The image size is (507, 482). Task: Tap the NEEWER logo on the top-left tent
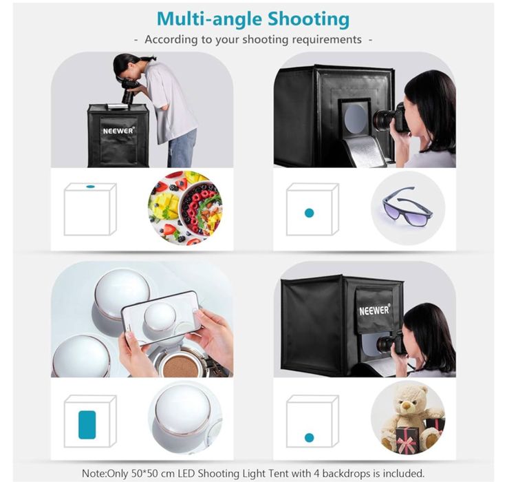(118, 130)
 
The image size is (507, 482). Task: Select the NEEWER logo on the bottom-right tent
(374, 310)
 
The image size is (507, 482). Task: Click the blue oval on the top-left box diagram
(90, 187)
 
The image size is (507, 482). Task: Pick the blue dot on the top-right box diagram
(310, 213)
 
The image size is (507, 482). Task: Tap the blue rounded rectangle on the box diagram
(87, 425)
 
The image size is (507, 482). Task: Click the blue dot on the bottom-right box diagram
(310, 438)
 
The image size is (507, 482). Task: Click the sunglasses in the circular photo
(407, 207)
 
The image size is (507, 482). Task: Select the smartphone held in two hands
(161, 318)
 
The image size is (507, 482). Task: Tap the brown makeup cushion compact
(180, 366)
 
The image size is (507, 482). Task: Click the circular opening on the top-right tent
(356, 119)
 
